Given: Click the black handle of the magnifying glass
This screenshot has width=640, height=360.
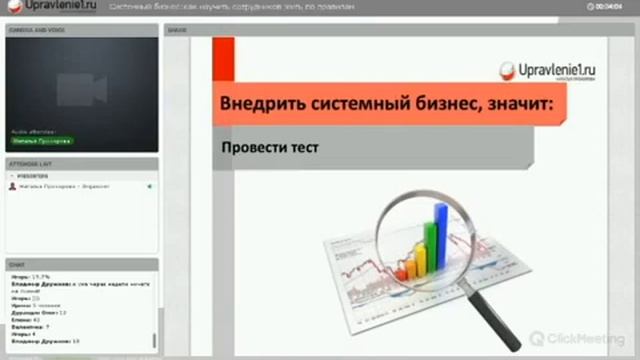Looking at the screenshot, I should tap(490, 319).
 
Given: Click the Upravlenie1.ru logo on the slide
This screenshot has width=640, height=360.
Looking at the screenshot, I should tap(553, 69).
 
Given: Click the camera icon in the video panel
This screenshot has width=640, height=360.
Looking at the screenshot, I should tap(81, 89).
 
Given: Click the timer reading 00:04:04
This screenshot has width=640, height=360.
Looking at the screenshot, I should tap(610, 8).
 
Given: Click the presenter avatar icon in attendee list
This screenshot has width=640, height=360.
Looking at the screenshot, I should tap(12, 187).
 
